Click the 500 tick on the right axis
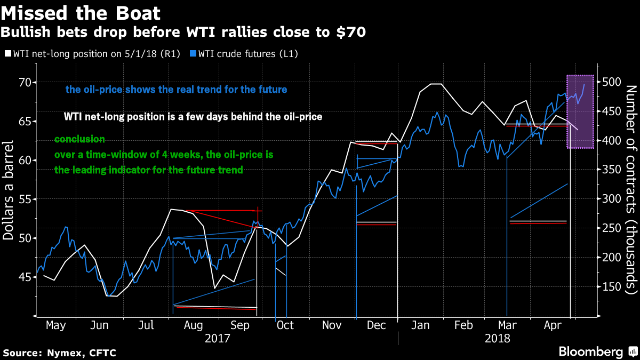point(610,83)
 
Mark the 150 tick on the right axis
point(610,287)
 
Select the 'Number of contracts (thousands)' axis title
point(631,189)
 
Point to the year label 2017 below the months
point(217,338)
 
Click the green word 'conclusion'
point(79,139)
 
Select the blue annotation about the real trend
point(176,90)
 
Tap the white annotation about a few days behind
point(193,116)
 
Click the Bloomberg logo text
point(590,352)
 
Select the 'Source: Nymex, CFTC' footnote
point(59,353)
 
